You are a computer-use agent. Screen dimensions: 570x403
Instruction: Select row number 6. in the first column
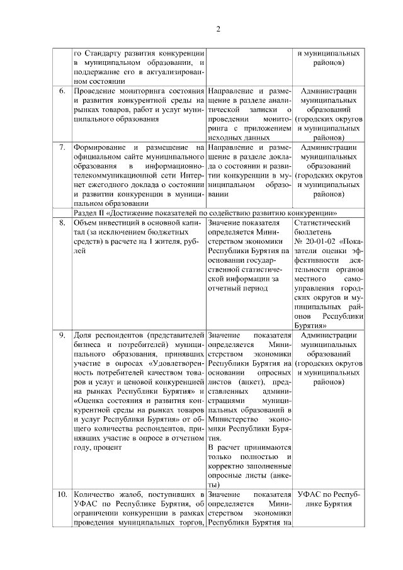[x=62, y=91]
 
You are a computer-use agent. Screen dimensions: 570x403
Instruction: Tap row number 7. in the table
[x=62, y=147]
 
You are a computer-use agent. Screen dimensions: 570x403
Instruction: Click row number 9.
[x=62, y=334]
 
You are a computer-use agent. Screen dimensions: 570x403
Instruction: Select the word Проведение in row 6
[x=95, y=91]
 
